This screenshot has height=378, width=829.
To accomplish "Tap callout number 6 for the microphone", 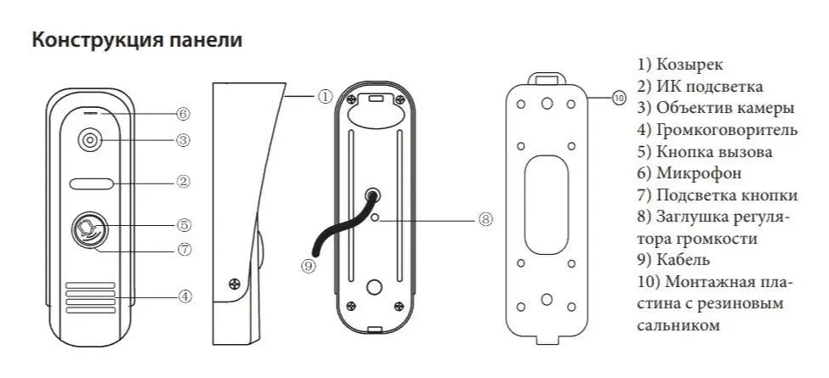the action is point(183,114).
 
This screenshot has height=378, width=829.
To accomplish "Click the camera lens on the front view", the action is point(89,141).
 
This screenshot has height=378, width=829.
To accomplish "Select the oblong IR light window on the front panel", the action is point(91,183).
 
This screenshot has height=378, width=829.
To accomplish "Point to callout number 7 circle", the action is point(184,250).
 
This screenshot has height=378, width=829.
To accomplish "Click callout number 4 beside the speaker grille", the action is point(184,296).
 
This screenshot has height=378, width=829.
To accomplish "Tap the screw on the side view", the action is point(234,284).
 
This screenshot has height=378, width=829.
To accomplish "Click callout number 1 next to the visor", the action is point(325,97).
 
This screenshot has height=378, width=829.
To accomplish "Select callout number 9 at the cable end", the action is point(309,267).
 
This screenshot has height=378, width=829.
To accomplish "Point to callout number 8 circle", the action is point(485,218).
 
